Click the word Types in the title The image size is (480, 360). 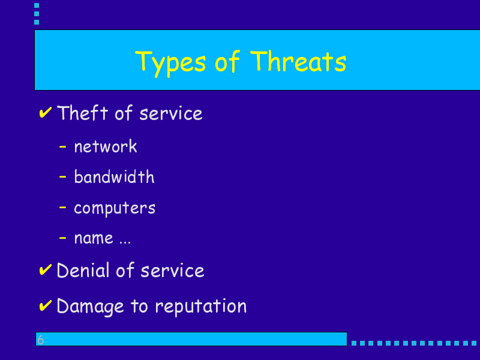click(x=170, y=64)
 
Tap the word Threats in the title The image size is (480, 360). click(x=298, y=61)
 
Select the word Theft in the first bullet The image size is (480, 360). click(x=82, y=113)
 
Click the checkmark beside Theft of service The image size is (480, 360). click(x=46, y=112)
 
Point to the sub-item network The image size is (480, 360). click(x=106, y=146)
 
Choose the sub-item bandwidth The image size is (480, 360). click(x=114, y=176)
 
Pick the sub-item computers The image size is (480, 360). click(x=115, y=208)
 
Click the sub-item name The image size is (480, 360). click(x=94, y=238)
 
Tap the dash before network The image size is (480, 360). click(x=62, y=147)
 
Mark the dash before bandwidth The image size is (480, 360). click(x=62, y=176)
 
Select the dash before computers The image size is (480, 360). click(x=62, y=207)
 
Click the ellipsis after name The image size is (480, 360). click(x=125, y=243)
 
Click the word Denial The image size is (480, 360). click(x=83, y=270)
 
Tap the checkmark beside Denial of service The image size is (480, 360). click(x=46, y=269)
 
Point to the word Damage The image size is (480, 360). click(x=91, y=307)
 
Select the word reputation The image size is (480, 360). click(x=201, y=306)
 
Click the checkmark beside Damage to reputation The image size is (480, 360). click(x=46, y=305)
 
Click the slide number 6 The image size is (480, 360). click(x=41, y=340)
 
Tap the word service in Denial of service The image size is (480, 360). click(x=172, y=271)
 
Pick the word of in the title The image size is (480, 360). click(x=227, y=61)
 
